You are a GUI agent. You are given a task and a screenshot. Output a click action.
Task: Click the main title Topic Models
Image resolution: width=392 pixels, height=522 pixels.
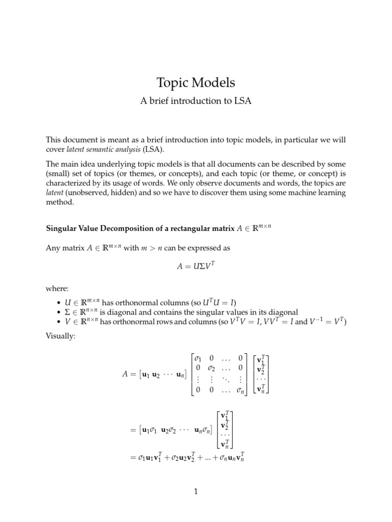[x=196, y=83]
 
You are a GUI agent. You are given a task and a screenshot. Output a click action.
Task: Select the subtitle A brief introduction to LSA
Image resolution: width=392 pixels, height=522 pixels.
[x=196, y=101]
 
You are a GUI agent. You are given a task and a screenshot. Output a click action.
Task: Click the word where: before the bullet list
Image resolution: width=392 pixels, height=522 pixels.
[x=57, y=289]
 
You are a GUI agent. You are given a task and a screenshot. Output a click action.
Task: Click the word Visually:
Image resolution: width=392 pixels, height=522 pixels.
[x=61, y=337]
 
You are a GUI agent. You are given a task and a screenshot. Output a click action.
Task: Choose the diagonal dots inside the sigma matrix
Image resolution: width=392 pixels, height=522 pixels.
[x=224, y=381]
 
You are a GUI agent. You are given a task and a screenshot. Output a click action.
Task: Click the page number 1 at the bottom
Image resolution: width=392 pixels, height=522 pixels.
[x=196, y=492]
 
